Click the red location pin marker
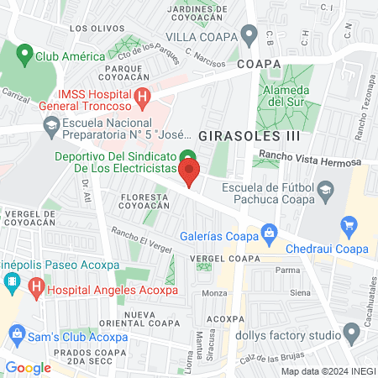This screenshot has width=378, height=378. click(x=190, y=174)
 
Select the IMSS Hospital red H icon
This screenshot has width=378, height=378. click(x=142, y=97)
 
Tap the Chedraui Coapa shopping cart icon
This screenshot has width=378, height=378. click(x=349, y=225)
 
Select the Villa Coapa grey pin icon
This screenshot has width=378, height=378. click(x=249, y=35)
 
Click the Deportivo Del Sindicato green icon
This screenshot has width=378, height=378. click(x=189, y=156)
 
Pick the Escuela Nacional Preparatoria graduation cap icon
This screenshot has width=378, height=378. click(x=52, y=126)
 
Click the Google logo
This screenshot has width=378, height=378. click(x=29, y=367)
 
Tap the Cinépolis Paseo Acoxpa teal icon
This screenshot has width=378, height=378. click(x=11, y=280)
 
